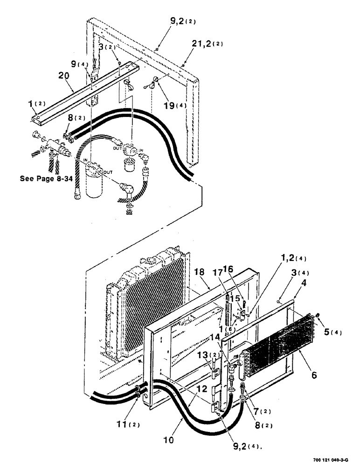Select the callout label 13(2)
pos(217,356)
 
